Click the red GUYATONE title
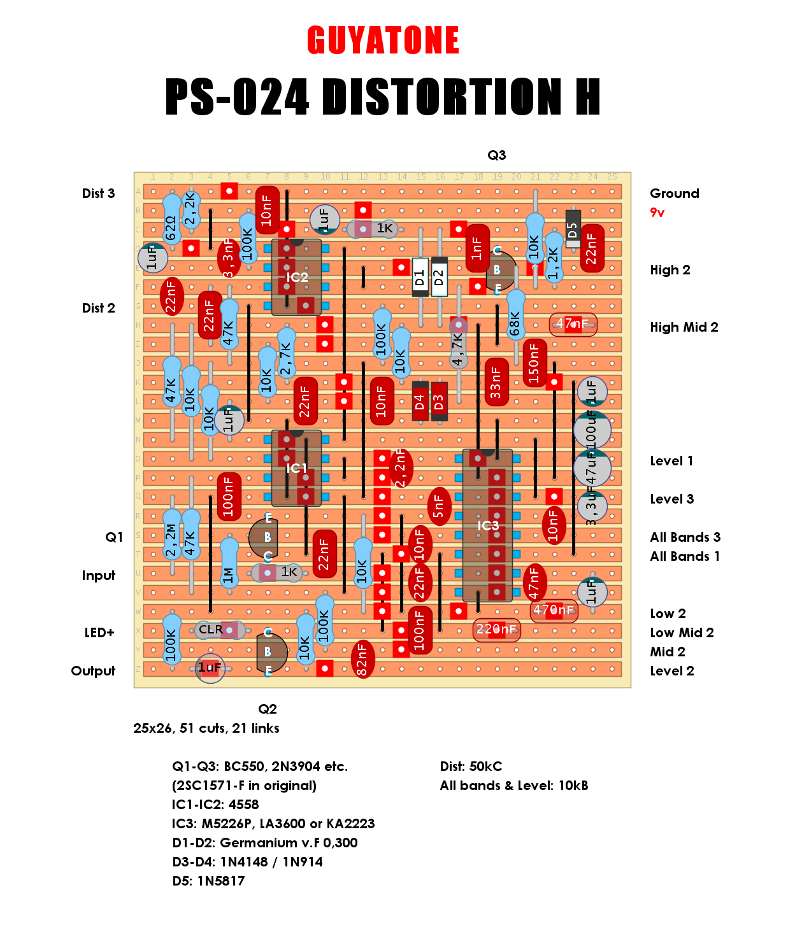click(383, 41)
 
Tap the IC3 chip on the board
click(488, 525)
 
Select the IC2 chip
click(296, 277)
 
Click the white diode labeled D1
click(420, 277)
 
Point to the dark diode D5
click(573, 229)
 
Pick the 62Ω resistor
click(171, 220)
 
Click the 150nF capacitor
click(534, 363)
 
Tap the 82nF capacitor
click(362, 659)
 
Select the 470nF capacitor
click(554, 611)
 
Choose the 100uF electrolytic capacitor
click(592, 430)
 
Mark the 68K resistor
click(515, 318)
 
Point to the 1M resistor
click(229, 563)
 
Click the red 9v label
click(657, 213)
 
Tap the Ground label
click(674, 194)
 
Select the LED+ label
click(99, 633)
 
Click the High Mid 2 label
click(684, 327)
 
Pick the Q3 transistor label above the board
click(496, 155)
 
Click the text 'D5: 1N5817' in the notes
click(208, 881)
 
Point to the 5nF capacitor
click(439, 506)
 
